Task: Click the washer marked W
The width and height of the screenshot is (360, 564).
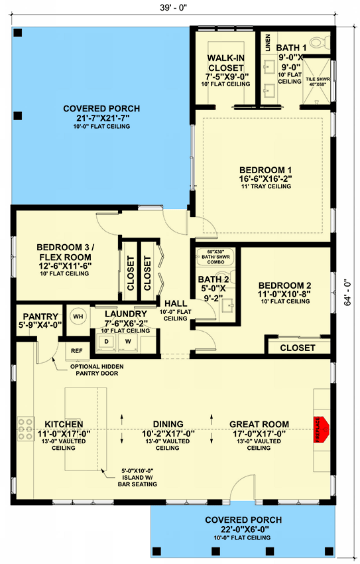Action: tap(129, 342)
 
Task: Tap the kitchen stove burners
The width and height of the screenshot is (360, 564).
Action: tap(25, 430)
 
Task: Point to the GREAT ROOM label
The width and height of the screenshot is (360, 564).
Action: tap(259, 424)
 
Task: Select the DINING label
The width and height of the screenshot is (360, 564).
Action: tap(168, 424)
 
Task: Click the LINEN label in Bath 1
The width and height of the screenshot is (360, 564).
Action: tap(267, 42)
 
